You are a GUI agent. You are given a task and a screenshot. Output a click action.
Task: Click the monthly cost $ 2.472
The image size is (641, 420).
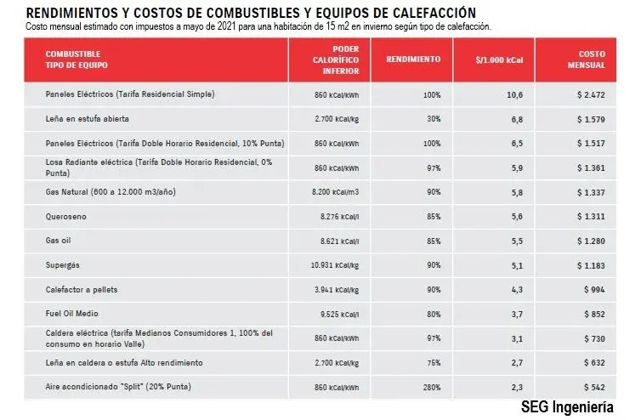pos(589,94)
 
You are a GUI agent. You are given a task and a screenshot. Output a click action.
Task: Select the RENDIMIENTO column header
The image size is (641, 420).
pos(413,60)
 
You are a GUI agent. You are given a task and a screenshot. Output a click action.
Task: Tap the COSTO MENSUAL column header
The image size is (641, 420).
pos(586,60)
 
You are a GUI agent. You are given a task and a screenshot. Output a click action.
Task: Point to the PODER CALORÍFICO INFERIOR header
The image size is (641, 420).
pos(335,60)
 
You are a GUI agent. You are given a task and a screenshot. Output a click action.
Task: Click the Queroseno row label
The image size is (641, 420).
pos(67,217)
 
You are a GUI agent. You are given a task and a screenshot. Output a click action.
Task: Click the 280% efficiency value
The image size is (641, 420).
pos(430,388)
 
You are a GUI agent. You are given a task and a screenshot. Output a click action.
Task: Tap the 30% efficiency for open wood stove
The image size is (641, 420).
pos(433,118)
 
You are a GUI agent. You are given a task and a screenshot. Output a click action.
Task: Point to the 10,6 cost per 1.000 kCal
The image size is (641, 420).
pos(514,94)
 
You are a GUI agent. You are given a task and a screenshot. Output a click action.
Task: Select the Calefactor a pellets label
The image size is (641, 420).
pos(83,290)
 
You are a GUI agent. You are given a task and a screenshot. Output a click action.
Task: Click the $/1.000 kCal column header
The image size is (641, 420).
pos(499,60)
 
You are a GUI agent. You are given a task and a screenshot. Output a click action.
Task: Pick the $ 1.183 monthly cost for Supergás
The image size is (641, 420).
pos(589,265)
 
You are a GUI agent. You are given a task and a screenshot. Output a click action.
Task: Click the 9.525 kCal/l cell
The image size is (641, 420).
pos(339,314)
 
